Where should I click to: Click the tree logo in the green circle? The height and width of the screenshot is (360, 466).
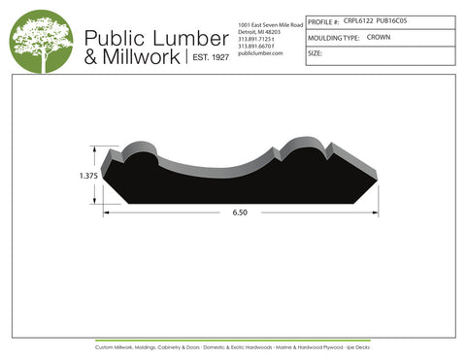point(42,42)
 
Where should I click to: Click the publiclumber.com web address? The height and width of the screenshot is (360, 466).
point(259,53)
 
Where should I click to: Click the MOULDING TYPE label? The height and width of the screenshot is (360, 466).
point(331,37)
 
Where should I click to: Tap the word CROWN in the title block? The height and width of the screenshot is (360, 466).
point(378,36)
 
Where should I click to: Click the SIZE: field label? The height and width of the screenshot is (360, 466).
point(315,54)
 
